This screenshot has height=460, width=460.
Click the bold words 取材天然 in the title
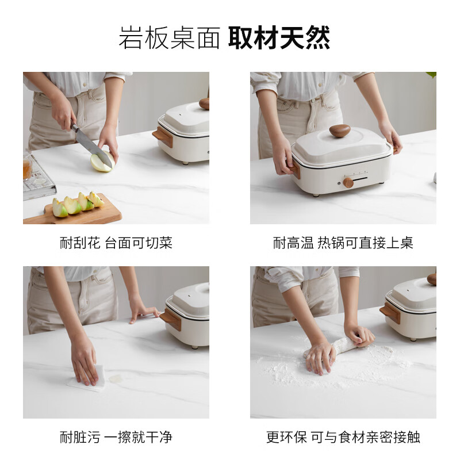[x=279, y=38]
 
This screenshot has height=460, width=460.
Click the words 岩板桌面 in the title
[x=169, y=38]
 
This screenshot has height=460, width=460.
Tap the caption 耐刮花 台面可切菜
[x=116, y=243]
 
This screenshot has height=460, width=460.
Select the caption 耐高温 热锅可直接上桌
[x=343, y=243]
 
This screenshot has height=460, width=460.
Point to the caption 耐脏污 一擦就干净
[x=116, y=437]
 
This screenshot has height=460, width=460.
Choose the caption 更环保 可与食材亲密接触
[x=343, y=437]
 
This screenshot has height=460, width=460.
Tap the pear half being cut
[x=102, y=162]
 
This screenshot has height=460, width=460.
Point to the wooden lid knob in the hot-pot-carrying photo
[x=340, y=131]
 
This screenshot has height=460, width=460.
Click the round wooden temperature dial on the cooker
[x=348, y=182]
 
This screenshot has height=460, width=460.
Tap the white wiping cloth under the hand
[x=88, y=378]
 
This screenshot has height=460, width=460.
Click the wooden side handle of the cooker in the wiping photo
[x=171, y=320]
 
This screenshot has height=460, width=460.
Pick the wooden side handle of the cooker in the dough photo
[x=390, y=313]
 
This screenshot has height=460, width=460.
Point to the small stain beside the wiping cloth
[x=116, y=379]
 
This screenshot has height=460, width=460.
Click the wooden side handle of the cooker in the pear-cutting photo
[x=163, y=136]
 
